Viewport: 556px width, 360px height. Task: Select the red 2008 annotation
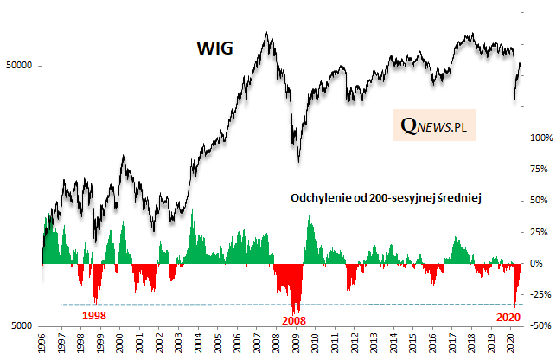294,320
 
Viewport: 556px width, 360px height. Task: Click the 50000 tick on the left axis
21,66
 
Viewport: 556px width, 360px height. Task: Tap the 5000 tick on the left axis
23,325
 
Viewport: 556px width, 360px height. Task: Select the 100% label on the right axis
540,138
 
